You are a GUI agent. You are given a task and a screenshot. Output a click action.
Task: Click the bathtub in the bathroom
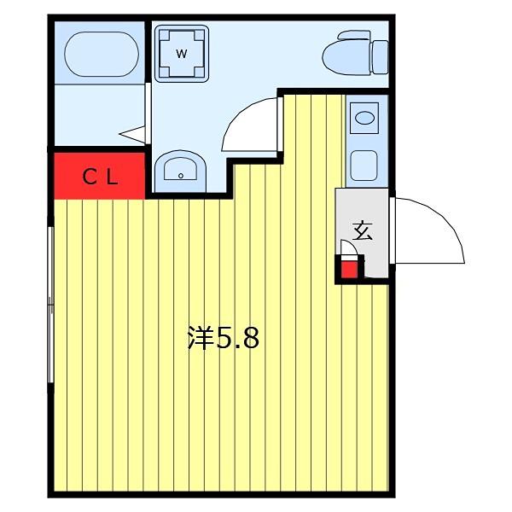click(x=102, y=54)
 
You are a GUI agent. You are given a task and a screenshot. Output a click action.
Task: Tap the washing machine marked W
click(x=182, y=54)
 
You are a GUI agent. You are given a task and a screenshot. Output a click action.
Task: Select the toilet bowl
click(x=346, y=54)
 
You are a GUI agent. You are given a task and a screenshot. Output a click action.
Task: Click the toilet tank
click(x=381, y=57)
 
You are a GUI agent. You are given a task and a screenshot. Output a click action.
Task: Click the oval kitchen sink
click(x=364, y=118)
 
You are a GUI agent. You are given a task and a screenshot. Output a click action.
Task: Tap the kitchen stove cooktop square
click(x=364, y=165)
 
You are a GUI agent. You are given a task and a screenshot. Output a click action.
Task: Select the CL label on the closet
click(x=100, y=177)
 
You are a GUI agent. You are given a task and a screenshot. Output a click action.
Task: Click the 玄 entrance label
click(x=364, y=231)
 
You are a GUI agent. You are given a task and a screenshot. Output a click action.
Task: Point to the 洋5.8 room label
click(x=224, y=338)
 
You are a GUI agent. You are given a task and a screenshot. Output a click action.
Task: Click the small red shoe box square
click(x=349, y=270)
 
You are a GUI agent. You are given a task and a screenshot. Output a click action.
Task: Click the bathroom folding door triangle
click(x=133, y=134)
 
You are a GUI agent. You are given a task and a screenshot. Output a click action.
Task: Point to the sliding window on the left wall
click(x=50, y=305)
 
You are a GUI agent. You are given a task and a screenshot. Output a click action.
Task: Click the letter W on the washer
click(x=182, y=54)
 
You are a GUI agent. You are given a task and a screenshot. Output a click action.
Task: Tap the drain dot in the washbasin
click(x=181, y=176)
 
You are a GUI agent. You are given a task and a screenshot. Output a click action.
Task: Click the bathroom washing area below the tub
click(x=99, y=115)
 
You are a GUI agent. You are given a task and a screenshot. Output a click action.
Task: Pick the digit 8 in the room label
click(x=251, y=338)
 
